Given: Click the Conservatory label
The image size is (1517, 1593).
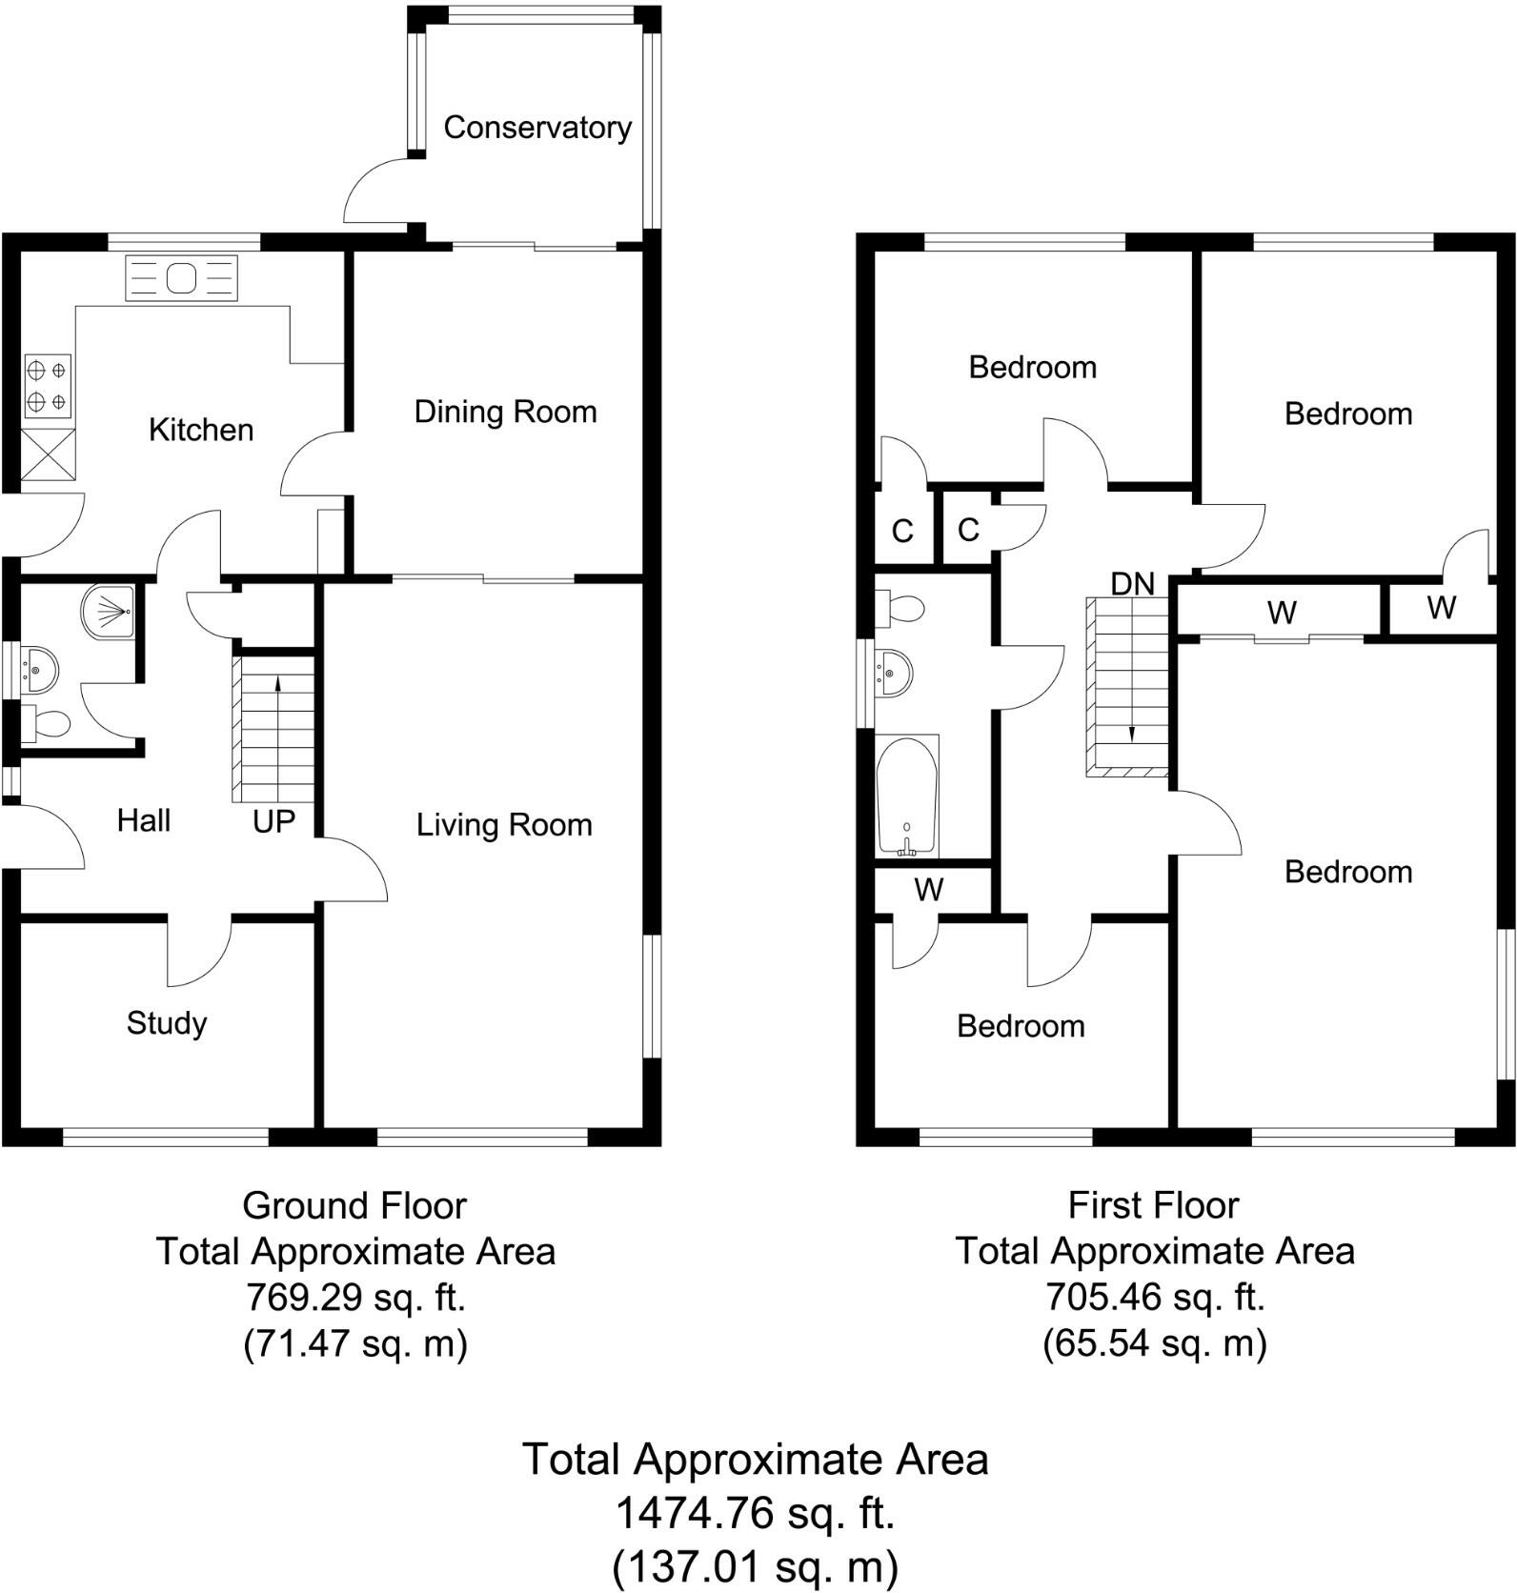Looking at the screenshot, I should tap(537, 128).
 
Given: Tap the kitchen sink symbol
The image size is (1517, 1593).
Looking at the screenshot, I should tap(181, 278).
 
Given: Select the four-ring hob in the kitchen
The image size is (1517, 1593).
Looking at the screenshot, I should tap(47, 386).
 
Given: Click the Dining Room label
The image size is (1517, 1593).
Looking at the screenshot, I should tap(505, 412).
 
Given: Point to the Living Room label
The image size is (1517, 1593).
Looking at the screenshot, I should tap(504, 825).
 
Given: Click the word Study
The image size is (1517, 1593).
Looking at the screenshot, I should tap(167, 1023).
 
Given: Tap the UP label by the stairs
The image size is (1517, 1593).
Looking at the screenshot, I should tap(273, 821).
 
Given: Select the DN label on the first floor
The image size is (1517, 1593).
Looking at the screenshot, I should tap(1132, 584).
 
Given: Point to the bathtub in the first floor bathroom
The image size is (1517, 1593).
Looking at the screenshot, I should tap(907, 796).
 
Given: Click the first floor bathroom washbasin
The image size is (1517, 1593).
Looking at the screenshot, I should tap(893, 673).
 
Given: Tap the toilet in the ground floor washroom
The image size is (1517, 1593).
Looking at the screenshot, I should tap(46, 725).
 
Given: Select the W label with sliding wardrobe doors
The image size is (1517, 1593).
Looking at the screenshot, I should tap(1282, 613).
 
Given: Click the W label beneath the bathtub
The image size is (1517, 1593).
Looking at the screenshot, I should tap(928, 890).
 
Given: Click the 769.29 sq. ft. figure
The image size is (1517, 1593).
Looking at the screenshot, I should tap(355, 1297).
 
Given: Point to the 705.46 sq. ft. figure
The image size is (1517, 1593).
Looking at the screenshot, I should tap(1154, 1297).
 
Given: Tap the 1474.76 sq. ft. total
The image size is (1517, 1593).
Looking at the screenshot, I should tap(755, 1512).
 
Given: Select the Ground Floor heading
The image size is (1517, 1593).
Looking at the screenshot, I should tap(354, 1206).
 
